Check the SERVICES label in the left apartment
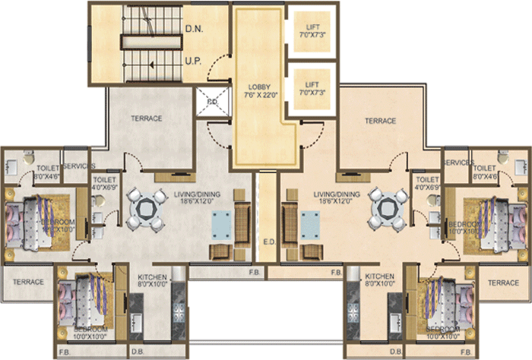[x=79, y=166]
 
